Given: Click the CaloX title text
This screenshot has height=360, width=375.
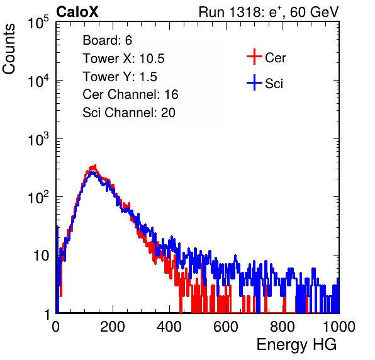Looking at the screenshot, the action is [77, 12].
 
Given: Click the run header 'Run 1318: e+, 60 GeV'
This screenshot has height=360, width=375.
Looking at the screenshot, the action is [269, 12].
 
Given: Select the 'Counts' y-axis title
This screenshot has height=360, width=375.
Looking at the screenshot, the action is [9, 49].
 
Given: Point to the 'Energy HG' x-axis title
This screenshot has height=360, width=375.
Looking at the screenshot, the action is [296, 344].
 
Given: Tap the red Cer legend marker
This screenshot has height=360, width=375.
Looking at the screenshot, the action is [254, 57].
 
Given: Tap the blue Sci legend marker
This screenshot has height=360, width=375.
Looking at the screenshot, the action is [254, 83].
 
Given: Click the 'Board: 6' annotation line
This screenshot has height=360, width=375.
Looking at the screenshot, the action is [107, 40].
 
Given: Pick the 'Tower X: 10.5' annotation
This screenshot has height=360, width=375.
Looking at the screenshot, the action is [123, 59].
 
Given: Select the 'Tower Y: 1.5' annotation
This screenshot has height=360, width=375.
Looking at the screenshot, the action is [120, 77].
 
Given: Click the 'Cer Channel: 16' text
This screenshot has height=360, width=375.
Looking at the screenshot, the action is [130, 94].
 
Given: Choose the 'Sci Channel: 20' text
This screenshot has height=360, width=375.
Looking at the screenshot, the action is [129, 113].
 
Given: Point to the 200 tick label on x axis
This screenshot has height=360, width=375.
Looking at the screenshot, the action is [113, 327].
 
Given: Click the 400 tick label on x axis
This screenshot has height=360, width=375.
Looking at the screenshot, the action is [169, 327].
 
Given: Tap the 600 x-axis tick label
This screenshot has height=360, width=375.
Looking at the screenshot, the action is [226, 327].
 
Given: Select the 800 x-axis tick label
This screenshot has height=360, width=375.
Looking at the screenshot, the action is [283, 327].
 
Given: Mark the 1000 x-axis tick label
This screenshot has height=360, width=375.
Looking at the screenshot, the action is [339, 327].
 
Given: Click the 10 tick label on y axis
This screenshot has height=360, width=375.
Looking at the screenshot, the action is [42, 256].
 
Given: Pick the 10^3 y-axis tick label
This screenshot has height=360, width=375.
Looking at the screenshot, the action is [38, 140].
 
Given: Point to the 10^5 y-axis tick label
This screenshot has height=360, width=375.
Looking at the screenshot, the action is [38, 23].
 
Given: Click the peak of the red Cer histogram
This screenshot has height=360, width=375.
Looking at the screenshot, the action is [95, 166].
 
